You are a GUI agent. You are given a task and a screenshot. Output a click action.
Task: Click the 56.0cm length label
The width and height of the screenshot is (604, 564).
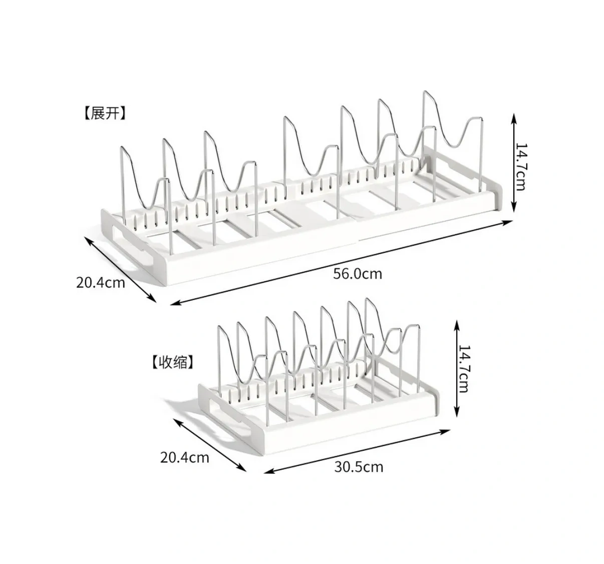[358, 274]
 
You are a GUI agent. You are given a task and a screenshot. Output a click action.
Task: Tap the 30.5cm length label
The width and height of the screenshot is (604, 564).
[359, 467]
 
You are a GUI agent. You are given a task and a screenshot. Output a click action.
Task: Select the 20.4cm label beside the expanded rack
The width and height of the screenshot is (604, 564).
[100, 283]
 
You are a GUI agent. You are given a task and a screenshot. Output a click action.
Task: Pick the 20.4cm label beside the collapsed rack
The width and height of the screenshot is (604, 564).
[185, 458]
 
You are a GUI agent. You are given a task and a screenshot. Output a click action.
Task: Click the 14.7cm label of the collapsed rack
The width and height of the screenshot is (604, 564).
[464, 369]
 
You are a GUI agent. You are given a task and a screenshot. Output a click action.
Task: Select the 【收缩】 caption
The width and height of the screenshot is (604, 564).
[173, 362]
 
